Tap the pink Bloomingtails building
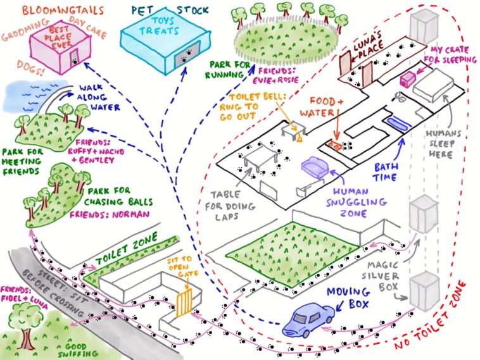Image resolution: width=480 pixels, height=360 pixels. [54, 47]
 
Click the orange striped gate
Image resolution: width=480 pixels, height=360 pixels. [184, 302]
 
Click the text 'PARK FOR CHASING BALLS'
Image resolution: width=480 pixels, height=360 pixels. [120, 196]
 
